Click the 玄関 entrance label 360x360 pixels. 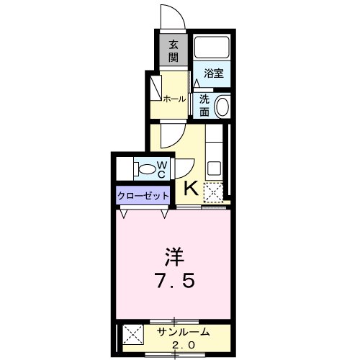174,50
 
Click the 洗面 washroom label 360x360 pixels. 204,106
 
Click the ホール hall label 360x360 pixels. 174,99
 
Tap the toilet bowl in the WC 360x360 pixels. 147,170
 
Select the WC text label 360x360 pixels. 162,170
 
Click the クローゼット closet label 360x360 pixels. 143,196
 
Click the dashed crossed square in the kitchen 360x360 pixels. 213,192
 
